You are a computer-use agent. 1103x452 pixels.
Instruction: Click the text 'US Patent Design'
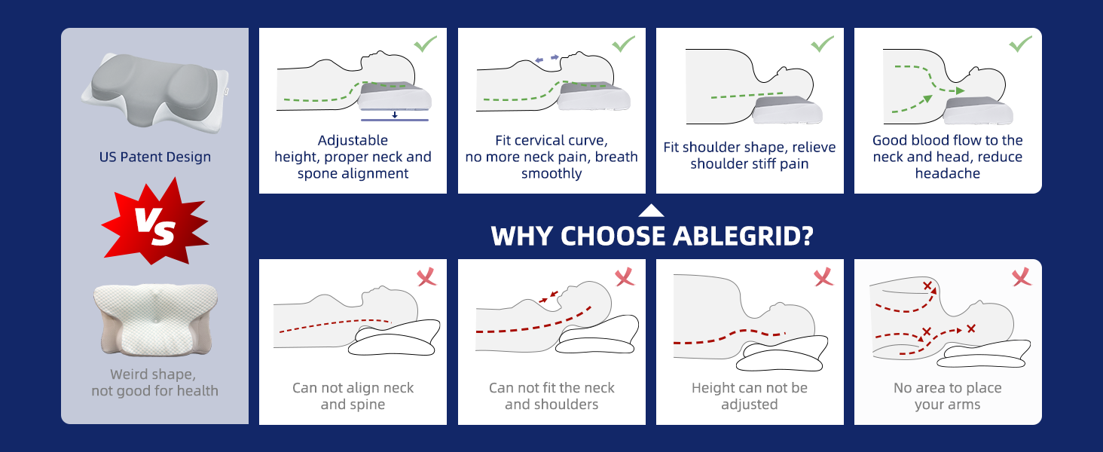point(155,157)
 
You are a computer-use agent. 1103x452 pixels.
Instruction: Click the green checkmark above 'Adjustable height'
point(425,44)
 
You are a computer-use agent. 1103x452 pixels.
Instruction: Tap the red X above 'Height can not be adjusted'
point(823,277)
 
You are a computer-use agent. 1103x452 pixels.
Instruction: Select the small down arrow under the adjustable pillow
point(394,115)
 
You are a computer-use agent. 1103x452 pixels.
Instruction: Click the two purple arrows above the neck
point(547,58)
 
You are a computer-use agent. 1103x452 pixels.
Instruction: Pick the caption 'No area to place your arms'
point(947,396)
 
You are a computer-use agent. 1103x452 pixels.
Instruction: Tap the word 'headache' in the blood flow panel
point(948,174)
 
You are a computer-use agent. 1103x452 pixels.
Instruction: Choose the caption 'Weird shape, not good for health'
point(154,383)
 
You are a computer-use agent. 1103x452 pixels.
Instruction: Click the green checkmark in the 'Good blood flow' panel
point(1020,44)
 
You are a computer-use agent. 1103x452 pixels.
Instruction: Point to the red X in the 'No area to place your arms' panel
point(1022,277)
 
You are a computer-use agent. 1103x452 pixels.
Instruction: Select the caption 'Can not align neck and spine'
point(353,396)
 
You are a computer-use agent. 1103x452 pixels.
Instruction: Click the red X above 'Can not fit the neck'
point(625,277)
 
